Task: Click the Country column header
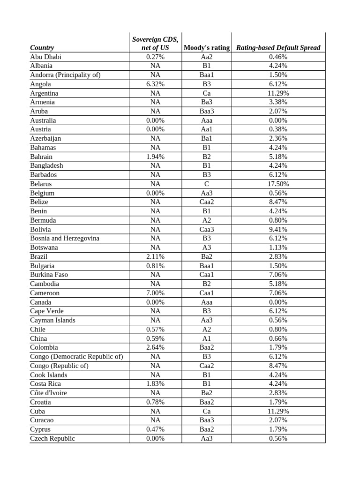click(x=42, y=47)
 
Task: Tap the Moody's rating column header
click(x=207, y=47)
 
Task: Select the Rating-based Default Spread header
click(x=278, y=47)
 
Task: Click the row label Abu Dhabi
click(x=45, y=57)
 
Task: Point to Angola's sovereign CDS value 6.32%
click(x=155, y=84)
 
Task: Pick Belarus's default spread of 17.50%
click(x=278, y=184)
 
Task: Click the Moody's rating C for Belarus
click(x=207, y=184)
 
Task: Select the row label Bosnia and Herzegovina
click(x=65, y=238)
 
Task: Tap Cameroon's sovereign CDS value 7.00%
click(x=155, y=293)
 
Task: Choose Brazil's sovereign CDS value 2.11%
click(x=155, y=256)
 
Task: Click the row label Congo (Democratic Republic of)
click(x=76, y=356)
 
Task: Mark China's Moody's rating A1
click(x=207, y=338)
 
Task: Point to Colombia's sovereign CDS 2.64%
click(x=155, y=347)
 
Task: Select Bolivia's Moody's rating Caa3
click(x=207, y=229)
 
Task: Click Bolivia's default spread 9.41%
click(x=278, y=229)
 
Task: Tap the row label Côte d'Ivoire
click(x=48, y=393)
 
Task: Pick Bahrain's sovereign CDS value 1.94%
click(x=155, y=157)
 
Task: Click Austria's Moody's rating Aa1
click(x=207, y=129)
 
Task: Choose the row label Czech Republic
click(x=52, y=438)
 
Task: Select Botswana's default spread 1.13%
click(x=278, y=247)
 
